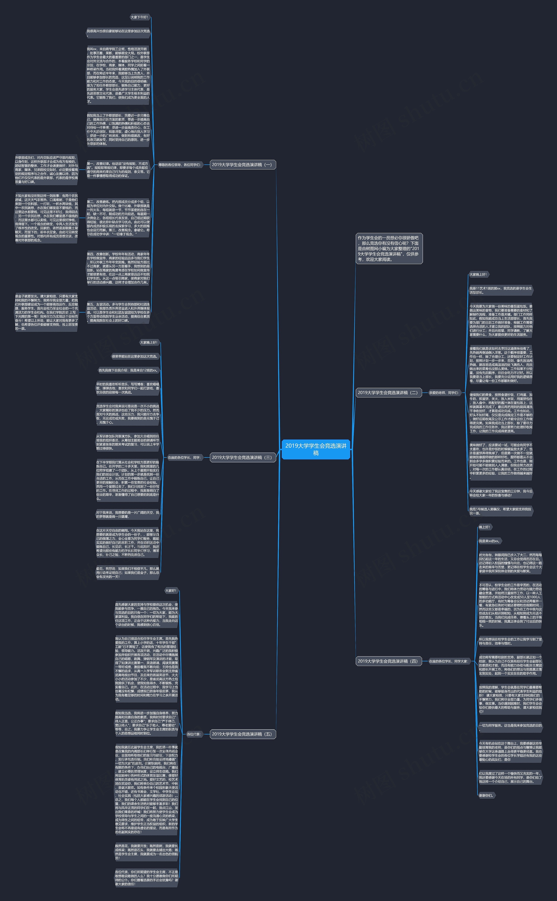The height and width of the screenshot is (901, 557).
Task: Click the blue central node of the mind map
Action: [316, 449]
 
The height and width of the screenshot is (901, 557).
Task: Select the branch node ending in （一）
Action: [242, 165]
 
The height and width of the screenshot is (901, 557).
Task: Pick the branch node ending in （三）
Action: [242, 458]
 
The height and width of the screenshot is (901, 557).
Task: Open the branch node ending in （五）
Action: [242, 734]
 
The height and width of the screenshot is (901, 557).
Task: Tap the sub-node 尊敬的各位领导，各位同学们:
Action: [180, 165]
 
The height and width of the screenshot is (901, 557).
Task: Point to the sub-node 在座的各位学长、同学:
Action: [185, 458]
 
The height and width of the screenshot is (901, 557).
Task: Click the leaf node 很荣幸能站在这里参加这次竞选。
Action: [135, 356]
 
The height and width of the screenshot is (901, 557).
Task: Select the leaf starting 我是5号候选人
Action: [500, 511]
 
